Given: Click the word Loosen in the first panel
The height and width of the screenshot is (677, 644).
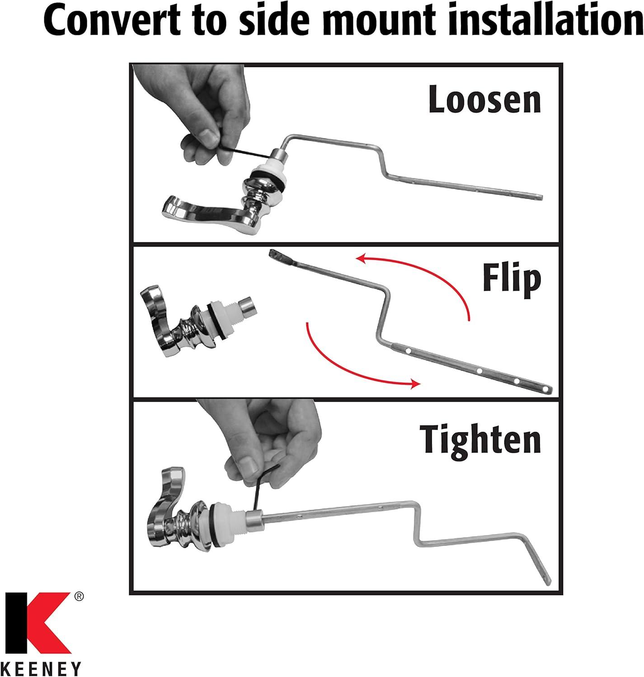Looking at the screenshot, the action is [x=484, y=99].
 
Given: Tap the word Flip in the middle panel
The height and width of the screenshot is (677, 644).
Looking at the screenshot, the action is [x=512, y=278].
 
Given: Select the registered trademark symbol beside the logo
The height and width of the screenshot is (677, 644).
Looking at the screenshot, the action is [x=79, y=596].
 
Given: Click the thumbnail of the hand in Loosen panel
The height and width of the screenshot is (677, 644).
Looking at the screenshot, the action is [x=208, y=136].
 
